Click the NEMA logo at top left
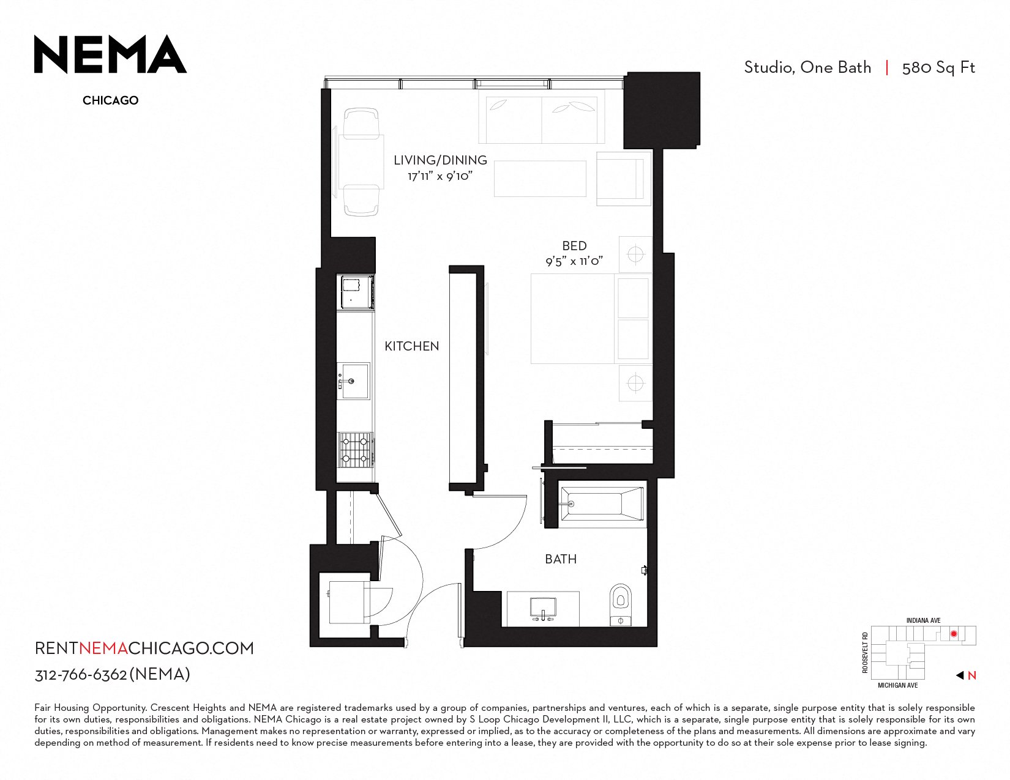110,54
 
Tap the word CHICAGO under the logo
111,100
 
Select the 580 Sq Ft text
938,68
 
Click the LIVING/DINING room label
440,160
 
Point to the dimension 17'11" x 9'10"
440,176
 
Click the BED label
575,246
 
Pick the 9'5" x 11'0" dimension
575,262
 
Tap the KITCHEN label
412,346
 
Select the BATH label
561,559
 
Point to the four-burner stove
356,449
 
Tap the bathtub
602,504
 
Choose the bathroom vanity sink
543,609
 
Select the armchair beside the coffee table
624,179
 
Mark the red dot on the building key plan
954,634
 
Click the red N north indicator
972,675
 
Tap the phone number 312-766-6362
81,675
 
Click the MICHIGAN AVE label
897,685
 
